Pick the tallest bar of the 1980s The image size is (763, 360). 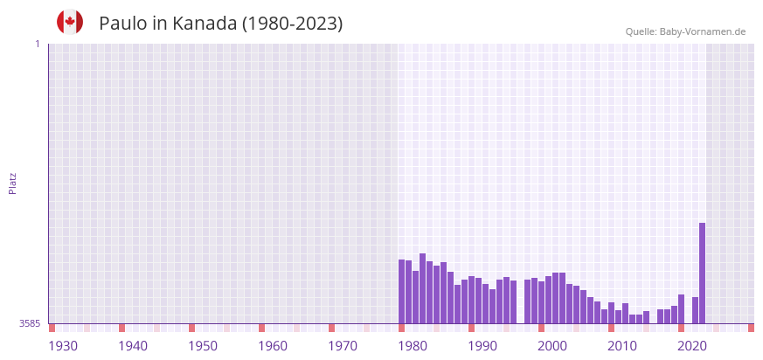[422, 288]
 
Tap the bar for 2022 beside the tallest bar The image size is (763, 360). [695, 310]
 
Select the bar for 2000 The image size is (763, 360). [541, 302]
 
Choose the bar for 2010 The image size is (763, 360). [611, 313]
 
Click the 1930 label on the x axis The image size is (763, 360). [62, 346]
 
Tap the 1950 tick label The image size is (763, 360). [202, 346]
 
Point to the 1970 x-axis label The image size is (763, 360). [342, 346]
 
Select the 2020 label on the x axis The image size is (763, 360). [691, 346]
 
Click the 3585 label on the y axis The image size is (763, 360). [30, 324]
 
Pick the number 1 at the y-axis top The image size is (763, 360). [37, 44]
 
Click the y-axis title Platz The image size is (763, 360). [12, 183]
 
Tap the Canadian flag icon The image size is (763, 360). [70, 23]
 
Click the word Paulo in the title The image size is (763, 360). [122, 24]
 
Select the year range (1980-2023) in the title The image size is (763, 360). [292, 24]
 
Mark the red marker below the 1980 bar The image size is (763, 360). [401, 328]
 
